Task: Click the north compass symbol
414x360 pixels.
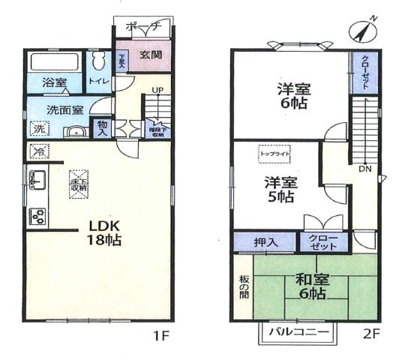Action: point(363,31)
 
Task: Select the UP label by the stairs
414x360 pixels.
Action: point(157,92)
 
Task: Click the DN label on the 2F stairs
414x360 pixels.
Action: point(365,169)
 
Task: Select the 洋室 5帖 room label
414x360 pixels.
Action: point(279,190)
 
